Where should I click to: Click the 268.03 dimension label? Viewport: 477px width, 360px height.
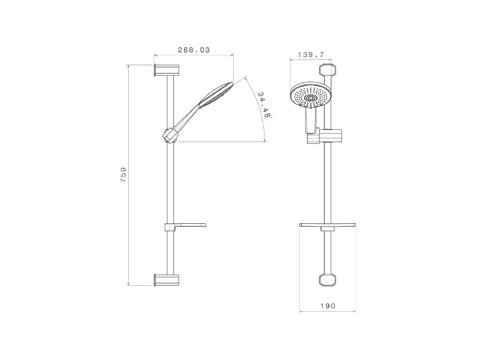[x=194, y=50]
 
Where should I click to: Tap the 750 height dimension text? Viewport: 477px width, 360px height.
[x=123, y=174]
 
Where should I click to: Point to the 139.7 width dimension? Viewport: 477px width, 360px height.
[x=311, y=55]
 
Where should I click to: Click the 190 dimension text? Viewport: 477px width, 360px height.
[x=328, y=306]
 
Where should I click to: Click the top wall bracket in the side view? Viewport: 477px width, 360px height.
[x=166, y=71]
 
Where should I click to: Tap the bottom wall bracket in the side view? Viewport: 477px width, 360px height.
[x=166, y=280]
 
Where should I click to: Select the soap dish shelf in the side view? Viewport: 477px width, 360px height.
[x=185, y=227]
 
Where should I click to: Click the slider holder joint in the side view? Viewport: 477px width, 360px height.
[x=170, y=135]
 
